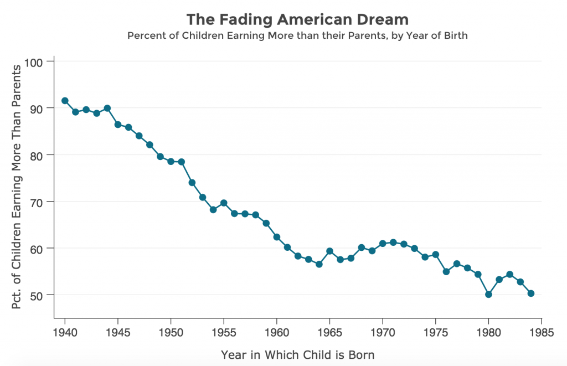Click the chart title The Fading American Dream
click(297, 19)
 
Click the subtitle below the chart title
click(297, 36)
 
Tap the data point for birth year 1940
click(65, 101)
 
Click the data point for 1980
click(488, 295)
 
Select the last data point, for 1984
click(530, 293)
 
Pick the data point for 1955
click(224, 203)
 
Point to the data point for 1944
click(107, 108)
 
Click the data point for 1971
click(393, 242)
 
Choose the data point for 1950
click(171, 162)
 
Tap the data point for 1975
click(435, 255)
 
